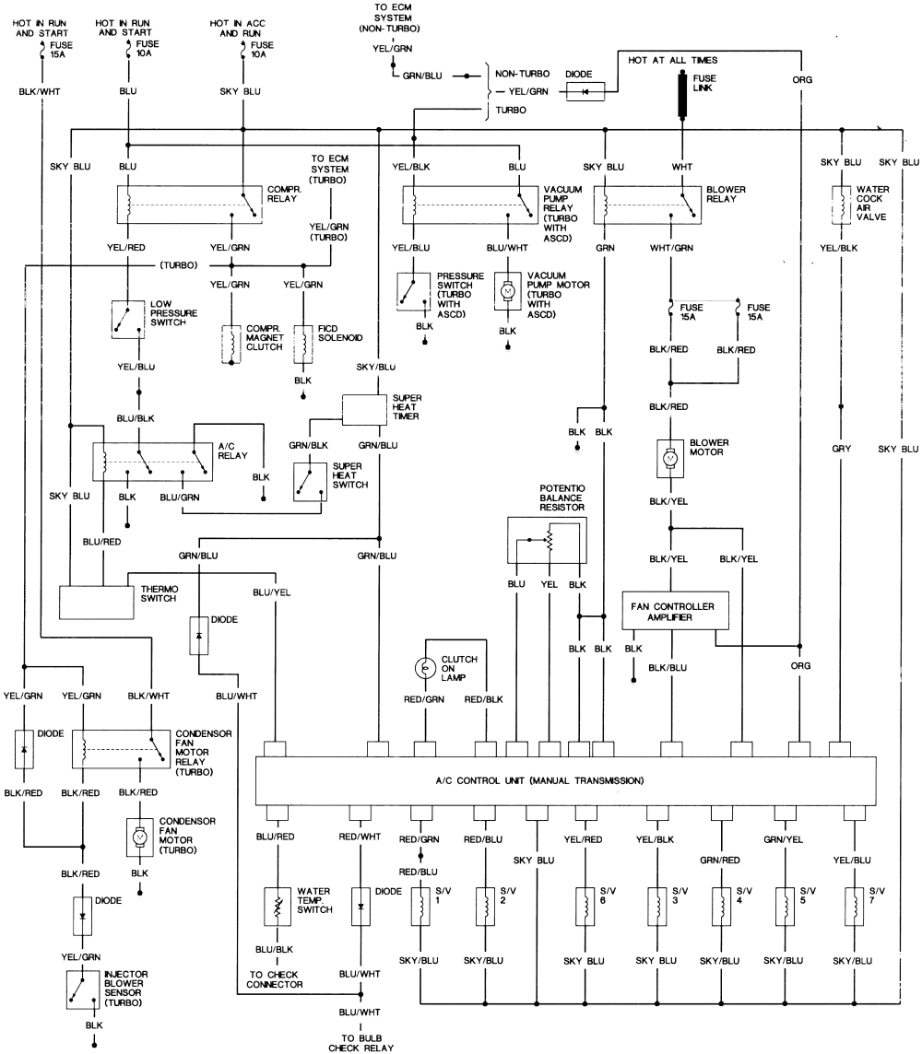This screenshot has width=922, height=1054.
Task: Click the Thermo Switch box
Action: pyautogui.click(x=97, y=602)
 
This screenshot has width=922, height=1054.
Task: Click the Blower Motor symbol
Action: pyautogui.click(x=670, y=458)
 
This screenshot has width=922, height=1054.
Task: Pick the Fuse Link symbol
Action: pyautogui.click(x=683, y=96)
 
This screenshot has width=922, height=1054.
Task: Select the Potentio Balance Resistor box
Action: pyautogui.click(x=546, y=540)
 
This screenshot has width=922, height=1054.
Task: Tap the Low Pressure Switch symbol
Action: pyautogui.click(x=126, y=319)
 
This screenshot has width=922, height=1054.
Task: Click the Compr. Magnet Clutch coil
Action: pyautogui.click(x=230, y=344)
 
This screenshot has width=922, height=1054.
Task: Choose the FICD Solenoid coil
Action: pyautogui.click(x=302, y=342)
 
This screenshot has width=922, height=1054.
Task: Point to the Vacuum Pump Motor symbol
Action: pyautogui.click(x=506, y=290)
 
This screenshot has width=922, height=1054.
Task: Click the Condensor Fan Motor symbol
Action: pyautogui.click(x=140, y=836)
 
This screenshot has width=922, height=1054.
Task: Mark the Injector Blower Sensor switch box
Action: pyautogui.click(x=78, y=990)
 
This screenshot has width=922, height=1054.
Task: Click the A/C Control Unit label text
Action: pyautogui.click(x=539, y=780)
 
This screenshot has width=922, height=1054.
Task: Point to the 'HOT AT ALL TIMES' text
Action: pyautogui.click(x=673, y=60)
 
